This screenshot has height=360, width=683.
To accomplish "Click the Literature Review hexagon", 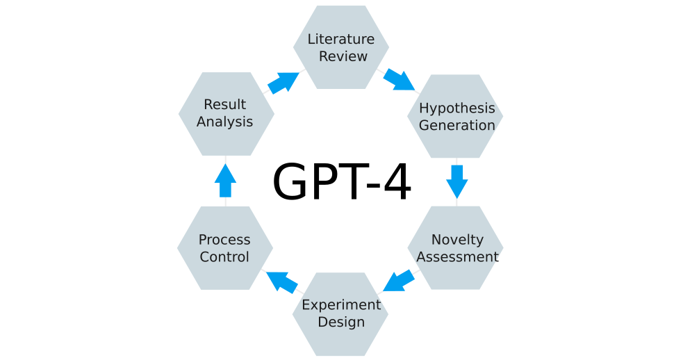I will [340, 47].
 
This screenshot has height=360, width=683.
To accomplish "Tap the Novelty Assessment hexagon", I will [456, 248].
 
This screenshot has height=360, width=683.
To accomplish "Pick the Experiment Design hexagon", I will [340, 314].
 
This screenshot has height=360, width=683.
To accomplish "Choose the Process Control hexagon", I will [224, 248].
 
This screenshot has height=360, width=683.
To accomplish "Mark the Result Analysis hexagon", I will [226, 113].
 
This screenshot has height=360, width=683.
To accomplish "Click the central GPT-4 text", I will [341, 183].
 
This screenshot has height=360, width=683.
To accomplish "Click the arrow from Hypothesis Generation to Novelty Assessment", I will [456, 181].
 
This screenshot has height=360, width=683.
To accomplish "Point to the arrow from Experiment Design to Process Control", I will [282, 281].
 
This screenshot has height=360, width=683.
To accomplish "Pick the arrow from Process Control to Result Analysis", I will [225, 181].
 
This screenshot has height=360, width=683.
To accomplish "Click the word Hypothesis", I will [456, 108].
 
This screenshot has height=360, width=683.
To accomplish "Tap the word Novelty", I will [457, 240].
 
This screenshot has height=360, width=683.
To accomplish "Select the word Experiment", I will [341, 305].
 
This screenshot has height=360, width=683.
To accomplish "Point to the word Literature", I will [340, 39].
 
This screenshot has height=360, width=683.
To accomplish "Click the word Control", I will [224, 257].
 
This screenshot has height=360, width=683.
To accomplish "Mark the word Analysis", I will [224, 122].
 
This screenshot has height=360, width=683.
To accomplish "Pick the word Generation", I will [456, 125].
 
